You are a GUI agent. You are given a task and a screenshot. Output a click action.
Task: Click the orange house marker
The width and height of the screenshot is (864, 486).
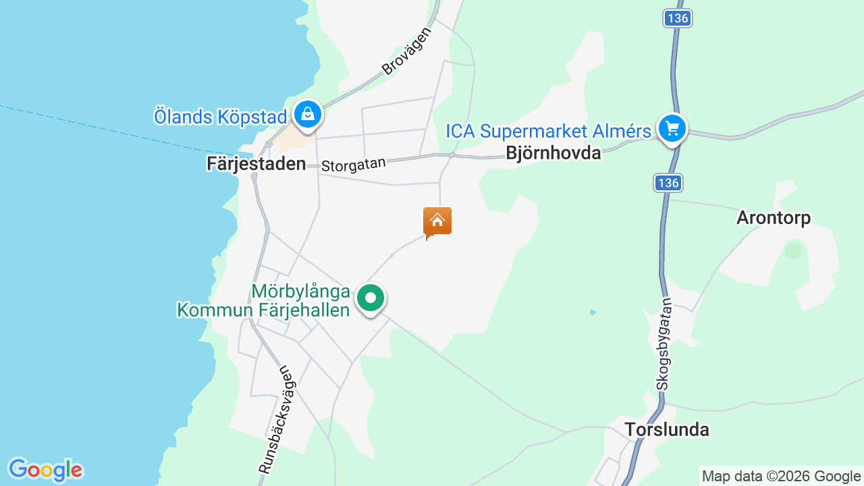(437, 221)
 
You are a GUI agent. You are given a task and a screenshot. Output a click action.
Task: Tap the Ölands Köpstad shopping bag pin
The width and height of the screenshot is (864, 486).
(308, 114)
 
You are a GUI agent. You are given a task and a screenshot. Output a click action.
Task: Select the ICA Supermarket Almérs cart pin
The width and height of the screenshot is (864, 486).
(672, 128)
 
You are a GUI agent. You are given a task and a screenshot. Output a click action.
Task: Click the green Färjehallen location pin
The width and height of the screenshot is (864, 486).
(370, 298)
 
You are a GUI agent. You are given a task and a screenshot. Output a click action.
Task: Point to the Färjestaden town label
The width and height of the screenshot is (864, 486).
(256, 164)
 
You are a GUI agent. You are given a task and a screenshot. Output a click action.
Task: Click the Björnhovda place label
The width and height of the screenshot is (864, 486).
(553, 153)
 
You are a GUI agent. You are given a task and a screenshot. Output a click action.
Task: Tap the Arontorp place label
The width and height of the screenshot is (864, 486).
(773, 217)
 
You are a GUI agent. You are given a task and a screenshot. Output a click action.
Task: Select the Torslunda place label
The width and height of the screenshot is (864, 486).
(666, 429)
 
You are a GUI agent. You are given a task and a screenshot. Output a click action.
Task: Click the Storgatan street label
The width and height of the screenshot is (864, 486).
(353, 164)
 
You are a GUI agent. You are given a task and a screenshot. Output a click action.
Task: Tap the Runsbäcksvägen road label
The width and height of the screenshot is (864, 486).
(277, 418)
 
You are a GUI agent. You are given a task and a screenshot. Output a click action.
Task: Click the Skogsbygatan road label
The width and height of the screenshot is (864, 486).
(665, 344)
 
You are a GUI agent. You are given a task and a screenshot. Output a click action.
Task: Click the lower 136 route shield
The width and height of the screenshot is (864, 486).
(668, 182)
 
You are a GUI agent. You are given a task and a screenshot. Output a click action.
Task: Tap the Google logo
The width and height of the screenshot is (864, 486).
(45, 470)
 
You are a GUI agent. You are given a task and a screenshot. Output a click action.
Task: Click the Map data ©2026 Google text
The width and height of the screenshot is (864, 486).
(781, 477)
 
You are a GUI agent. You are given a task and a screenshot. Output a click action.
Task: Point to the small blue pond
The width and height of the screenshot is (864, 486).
(592, 312)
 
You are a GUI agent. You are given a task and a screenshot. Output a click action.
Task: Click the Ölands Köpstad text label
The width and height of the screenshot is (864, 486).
(220, 116)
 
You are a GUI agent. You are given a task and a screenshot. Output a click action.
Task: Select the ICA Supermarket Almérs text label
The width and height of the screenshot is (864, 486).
(548, 130)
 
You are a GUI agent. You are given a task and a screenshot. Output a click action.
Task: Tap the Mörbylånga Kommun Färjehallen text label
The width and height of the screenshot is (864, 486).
(263, 301)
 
